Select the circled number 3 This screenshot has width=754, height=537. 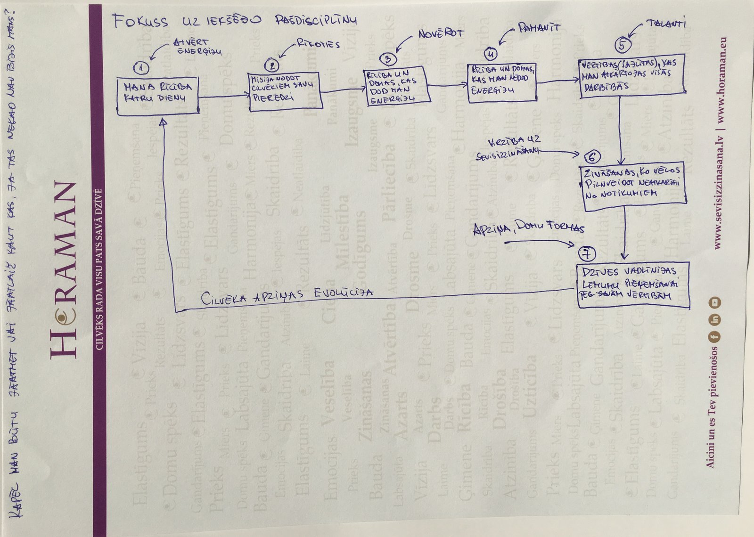[x=388, y=58]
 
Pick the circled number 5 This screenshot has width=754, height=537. [x=622, y=45]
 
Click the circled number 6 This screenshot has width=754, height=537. [x=592, y=157]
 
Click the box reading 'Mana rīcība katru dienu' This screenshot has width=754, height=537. [x=157, y=96]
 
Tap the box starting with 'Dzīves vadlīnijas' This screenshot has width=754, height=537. [x=633, y=285]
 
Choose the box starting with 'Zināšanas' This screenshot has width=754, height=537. [x=633, y=184]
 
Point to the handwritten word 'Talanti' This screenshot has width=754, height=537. [x=666, y=24]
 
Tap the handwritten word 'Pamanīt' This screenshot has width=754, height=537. [x=539, y=28]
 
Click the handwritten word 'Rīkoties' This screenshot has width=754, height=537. [x=318, y=44]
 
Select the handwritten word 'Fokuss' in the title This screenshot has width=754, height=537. [x=140, y=21]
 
